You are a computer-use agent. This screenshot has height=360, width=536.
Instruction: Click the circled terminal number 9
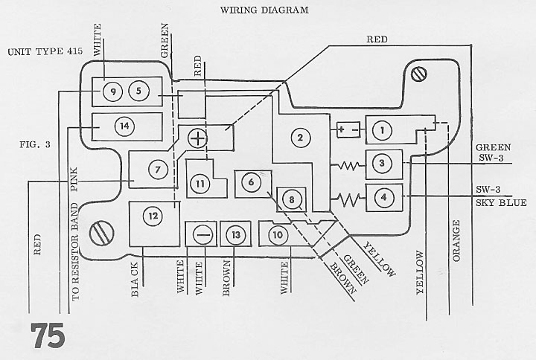pyautogui.click(x=113, y=91)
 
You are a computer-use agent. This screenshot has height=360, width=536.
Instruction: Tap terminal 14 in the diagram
pyautogui.click(x=125, y=126)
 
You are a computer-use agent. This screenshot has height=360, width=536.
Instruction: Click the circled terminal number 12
pyautogui.click(x=153, y=216)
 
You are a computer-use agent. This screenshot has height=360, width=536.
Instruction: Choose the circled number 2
pyautogui.click(x=300, y=138)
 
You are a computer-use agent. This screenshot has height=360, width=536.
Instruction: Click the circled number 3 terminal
pyautogui.click(x=382, y=164)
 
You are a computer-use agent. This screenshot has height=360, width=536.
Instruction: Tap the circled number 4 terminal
pyautogui.click(x=383, y=198)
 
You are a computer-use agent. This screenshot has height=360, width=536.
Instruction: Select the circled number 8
pyautogui.click(x=292, y=199)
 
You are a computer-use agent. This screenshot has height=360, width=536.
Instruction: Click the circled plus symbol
pyautogui.click(x=197, y=138)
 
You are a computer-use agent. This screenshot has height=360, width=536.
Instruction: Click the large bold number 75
pyautogui.click(x=48, y=335)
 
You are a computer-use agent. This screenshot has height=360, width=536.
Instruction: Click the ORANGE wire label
pyautogui.click(x=456, y=242)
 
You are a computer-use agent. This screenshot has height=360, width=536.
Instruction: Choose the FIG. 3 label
pyautogui.click(x=36, y=144)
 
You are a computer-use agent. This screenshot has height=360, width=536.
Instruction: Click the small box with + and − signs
pyautogui.click(x=348, y=130)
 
